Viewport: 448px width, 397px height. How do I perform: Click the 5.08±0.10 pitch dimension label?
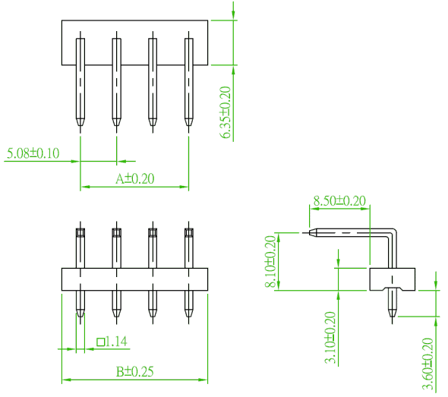click(x=33, y=153)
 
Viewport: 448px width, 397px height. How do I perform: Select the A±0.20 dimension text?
click(x=135, y=179)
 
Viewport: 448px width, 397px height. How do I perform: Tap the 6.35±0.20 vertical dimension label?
click(x=226, y=112)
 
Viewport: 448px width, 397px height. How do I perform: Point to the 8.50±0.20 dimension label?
click(x=339, y=200)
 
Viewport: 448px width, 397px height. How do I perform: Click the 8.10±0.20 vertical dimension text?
click(x=270, y=261)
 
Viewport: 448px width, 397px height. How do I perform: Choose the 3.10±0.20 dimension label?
click(x=330, y=337)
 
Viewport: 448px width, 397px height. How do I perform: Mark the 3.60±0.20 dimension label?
click(x=427, y=364)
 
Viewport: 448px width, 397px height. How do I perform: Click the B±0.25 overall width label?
click(x=135, y=372)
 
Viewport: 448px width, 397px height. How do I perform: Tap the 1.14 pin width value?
click(x=117, y=342)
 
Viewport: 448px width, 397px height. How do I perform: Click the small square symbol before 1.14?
click(x=100, y=342)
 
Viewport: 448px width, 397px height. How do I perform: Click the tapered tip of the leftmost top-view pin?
click(x=80, y=122)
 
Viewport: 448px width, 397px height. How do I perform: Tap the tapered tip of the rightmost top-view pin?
click(x=189, y=122)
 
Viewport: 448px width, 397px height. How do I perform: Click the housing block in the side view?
click(x=393, y=279)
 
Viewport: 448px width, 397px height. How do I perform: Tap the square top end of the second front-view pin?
click(x=117, y=232)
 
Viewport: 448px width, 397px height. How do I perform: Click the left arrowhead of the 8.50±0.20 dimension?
click(x=314, y=209)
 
